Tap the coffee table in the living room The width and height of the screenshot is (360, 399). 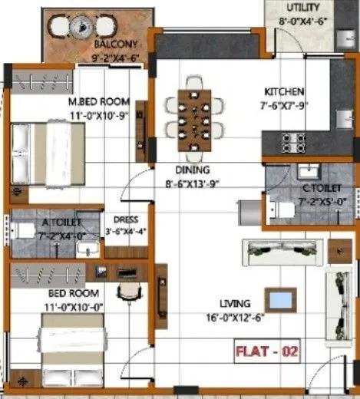(281, 298)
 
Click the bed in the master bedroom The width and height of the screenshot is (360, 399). (48, 153)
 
